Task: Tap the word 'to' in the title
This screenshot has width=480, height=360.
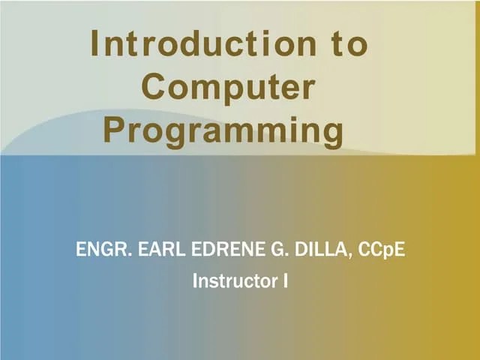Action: click(x=350, y=45)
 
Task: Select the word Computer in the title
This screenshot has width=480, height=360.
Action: click(x=228, y=88)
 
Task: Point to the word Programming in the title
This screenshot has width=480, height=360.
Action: click(x=223, y=130)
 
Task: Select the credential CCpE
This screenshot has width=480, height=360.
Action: click(x=382, y=249)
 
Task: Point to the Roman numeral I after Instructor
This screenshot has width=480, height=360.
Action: click(x=286, y=282)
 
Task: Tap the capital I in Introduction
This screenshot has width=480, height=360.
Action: click(x=95, y=45)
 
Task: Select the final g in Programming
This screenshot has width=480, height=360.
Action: click(x=331, y=133)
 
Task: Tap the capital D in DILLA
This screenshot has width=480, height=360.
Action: click(x=298, y=249)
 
